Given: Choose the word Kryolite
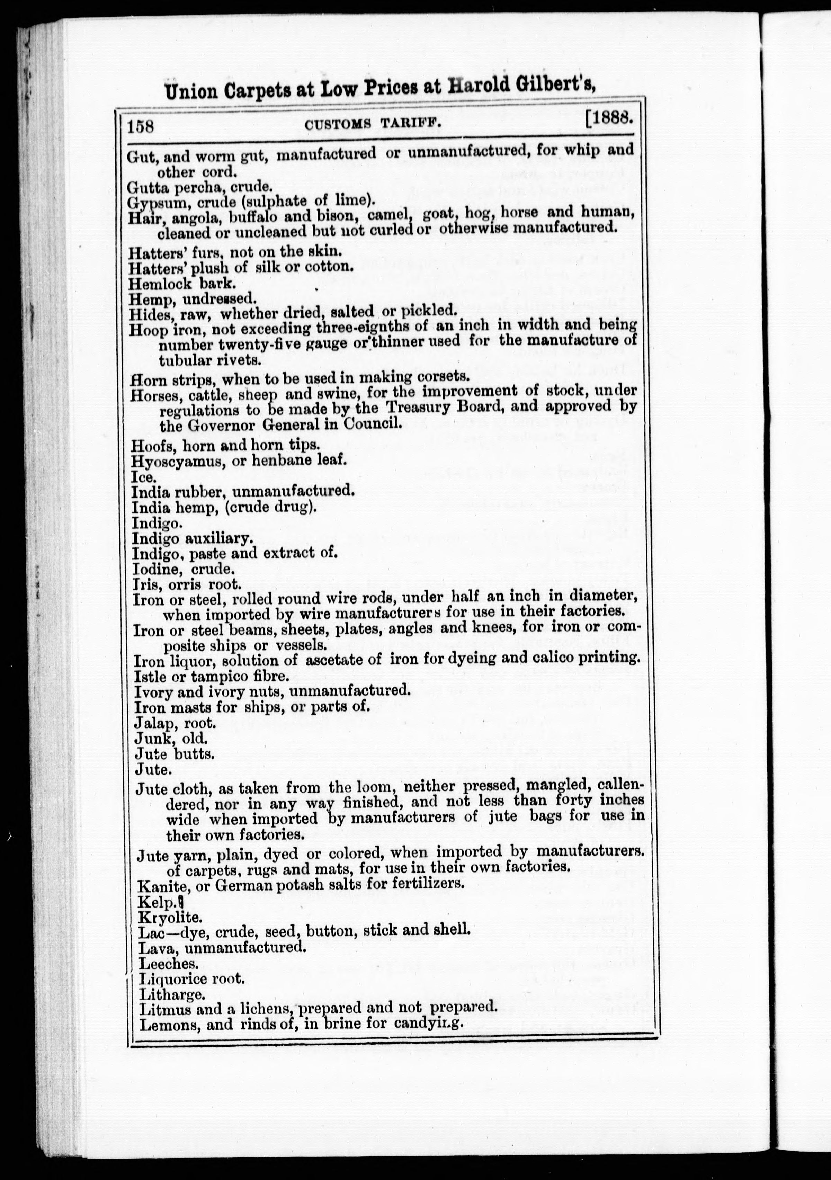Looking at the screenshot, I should click(163, 917).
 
